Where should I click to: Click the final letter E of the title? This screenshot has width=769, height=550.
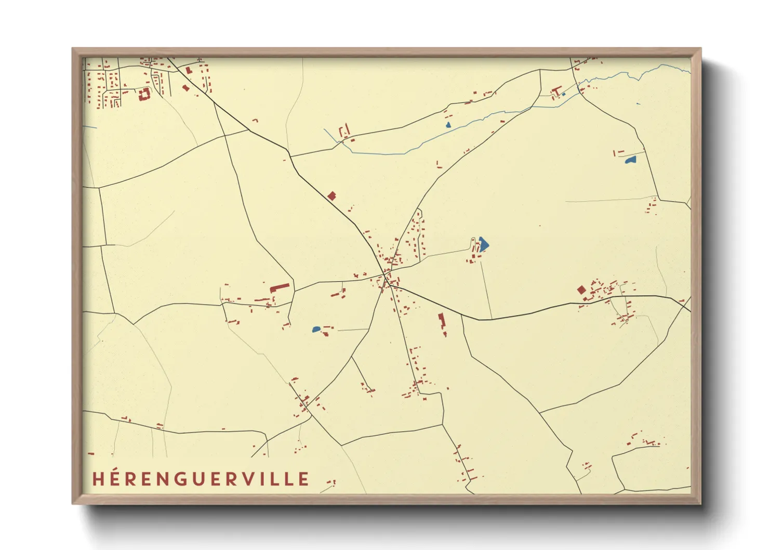click(x=304, y=479)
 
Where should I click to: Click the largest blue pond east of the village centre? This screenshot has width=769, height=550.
click(x=483, y=244)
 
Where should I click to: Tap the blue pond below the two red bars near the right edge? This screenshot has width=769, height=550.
click(x=631, y=160)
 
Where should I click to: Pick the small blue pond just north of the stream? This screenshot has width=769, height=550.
click(x=448, y=125)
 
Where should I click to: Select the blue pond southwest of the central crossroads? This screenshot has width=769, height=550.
click(x=316, y=329)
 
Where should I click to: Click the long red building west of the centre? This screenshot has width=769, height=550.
click(x=279, y=287)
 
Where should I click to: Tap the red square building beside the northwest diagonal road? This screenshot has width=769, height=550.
click(x=332, y=196)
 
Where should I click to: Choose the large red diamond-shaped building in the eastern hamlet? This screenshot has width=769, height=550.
click(x=581, y=290)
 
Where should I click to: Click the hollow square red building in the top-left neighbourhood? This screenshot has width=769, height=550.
click(x=144, y=94)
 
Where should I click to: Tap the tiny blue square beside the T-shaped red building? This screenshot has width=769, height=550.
click(x=564, y=94)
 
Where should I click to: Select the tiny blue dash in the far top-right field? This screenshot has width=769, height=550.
click(x=638, y=104)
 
